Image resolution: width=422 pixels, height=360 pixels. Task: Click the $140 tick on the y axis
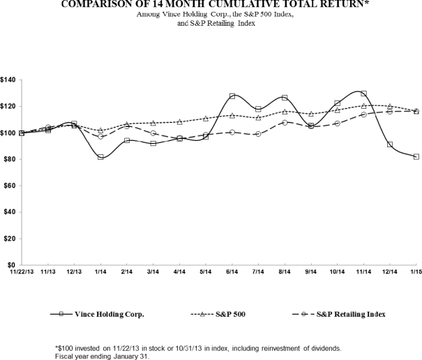(x=8, y=80)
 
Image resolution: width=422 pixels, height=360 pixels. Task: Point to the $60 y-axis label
(x=10, y=186)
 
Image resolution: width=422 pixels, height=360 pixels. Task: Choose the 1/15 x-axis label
(x=416, y=273)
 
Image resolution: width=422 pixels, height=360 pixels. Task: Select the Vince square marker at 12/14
(x=390, y=145)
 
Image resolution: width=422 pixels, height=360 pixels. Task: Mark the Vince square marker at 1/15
(x=416, y=157)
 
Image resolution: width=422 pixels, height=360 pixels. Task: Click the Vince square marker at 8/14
(x=285, y=98)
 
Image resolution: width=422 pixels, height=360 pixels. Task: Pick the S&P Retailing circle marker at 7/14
(x=258, y=134)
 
